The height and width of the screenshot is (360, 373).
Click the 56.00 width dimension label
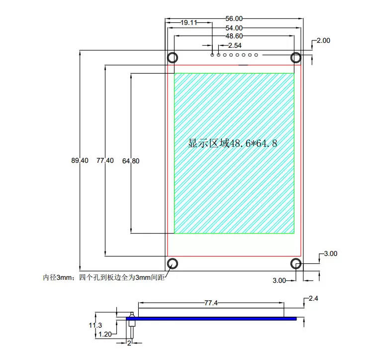[x=234, y=18]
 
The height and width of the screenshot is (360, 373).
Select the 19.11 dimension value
[x=189, y=22]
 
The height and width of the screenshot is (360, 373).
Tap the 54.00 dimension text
[x=234, y=28]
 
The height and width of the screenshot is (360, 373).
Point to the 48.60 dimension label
[x=234, y=36]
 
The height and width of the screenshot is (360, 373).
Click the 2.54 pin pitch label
[x=235, y=45]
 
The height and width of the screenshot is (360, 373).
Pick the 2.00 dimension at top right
[x=323, y=40]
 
